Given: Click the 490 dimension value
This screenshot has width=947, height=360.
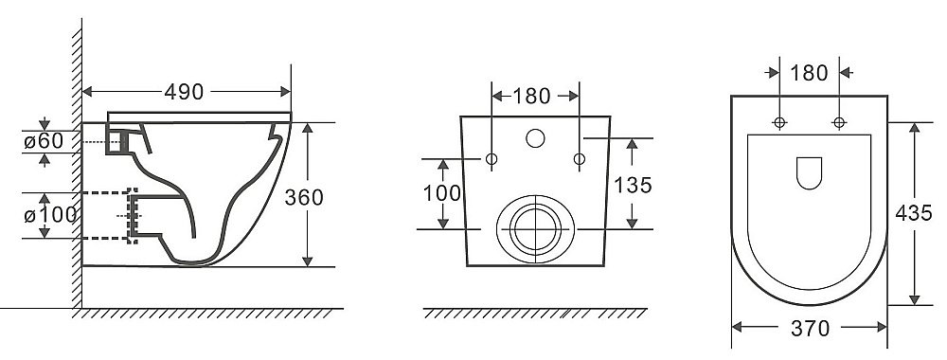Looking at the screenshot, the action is click(184, 92).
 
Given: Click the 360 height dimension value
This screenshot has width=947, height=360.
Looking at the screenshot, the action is click(304, 197).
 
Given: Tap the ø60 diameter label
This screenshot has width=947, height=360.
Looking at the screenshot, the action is click(44, 141).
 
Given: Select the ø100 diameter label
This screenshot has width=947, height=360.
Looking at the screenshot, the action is click(51, 214).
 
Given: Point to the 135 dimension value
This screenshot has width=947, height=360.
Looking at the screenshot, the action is click(633, 185).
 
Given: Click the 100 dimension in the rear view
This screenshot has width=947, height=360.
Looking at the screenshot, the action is click(442, 193).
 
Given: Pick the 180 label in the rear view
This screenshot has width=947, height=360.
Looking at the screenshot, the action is click(531, 96).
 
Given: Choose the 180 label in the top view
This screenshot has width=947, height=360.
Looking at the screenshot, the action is click(809, 73).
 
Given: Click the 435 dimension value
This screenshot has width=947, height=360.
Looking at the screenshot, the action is click(914, 212).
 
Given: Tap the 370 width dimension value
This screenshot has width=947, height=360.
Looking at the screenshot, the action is click(810, 329).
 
